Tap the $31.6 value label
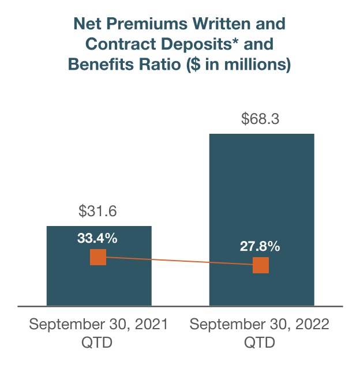click(99, 212)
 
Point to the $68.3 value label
click(261, 120)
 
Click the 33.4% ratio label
click(97, 238)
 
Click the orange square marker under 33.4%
click(99, 257)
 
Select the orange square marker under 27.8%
click(261, 265)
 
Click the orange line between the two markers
click(179, 261)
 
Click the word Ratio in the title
click(162, 65)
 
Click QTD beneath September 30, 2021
click(97, 342)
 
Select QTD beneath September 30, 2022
click(260, 342)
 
